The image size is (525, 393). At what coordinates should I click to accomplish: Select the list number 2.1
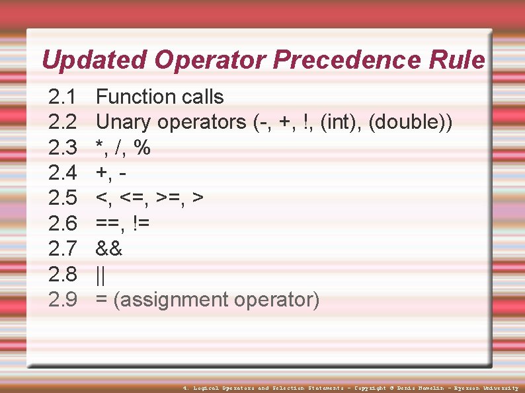(63, 97)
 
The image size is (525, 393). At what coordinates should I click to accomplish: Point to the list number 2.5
(63, 198)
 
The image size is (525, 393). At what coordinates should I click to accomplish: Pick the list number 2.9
(63, 300)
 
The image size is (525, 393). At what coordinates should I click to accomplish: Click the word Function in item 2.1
(136, 97)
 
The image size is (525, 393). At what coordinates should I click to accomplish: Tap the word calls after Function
(202, 97)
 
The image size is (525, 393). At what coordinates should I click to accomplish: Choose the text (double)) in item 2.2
(411, 122)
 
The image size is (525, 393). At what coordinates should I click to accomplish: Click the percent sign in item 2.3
(141, 148)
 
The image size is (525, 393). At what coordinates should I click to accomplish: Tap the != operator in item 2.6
(141, 224)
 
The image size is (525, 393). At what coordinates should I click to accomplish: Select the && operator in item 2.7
(109, 249)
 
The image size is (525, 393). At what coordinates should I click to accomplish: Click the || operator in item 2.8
(101, 274)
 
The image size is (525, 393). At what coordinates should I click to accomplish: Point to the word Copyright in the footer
(370, 388)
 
